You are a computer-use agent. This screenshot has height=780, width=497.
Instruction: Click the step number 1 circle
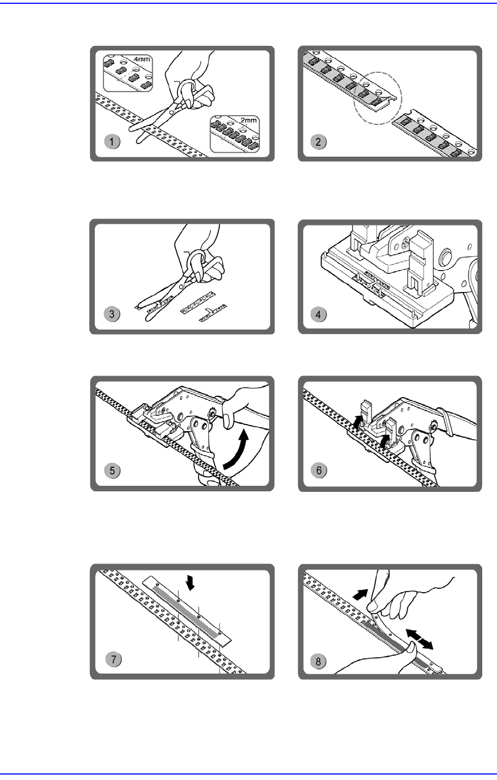[x=112, y=141]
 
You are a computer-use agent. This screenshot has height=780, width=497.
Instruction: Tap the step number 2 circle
[x=319, y=141]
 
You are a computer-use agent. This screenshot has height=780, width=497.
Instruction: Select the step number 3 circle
[x=112, y=314]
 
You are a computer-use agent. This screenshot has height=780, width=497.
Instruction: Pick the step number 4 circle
[x=319, y=314]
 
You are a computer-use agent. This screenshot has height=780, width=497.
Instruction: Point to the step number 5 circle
[x=112, y=470]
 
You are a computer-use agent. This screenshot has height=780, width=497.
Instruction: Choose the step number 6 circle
[x=319, y=470]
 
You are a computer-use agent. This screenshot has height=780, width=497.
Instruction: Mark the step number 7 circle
[x=113, y=659]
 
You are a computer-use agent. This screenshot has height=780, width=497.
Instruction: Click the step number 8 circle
[x=319, y=661]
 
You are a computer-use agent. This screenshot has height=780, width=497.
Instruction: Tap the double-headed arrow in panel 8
[x=420, y=639]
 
